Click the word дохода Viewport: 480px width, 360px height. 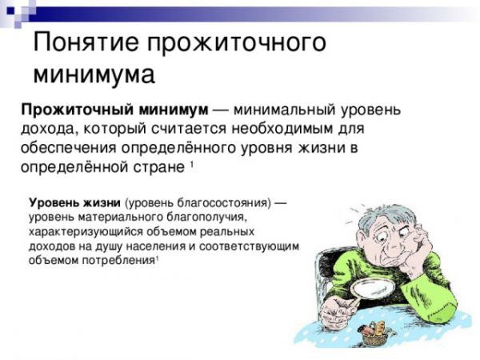46,130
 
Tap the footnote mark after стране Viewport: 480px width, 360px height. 192,165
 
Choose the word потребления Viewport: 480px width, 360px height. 117,261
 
